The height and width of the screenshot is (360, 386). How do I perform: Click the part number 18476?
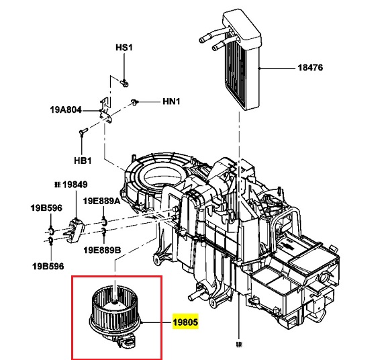point(311,68)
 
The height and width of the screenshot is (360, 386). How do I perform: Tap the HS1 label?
point(125,48)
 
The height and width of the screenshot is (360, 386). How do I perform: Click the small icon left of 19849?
point(58,184)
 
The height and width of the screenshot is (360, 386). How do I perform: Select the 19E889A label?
point(101,200)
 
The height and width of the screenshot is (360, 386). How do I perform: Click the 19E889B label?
point(102,251)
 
